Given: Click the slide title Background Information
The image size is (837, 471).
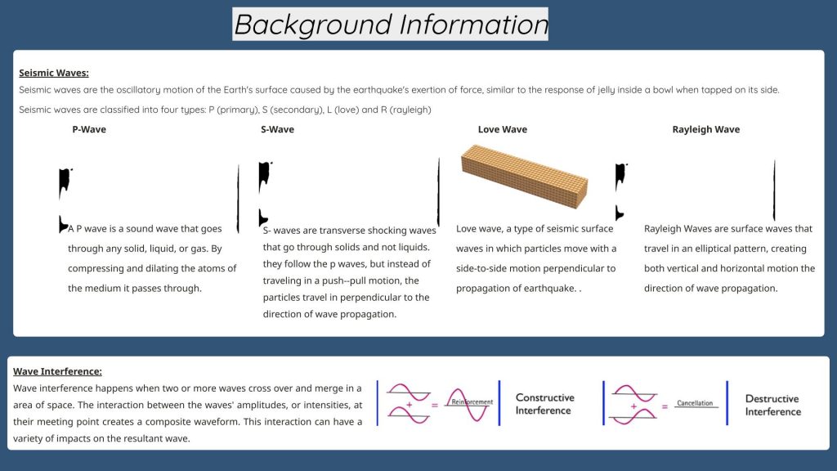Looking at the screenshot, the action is (x=390, y=25).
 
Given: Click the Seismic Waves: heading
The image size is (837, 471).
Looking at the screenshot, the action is (x=54, y=73).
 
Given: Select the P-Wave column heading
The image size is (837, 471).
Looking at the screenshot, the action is (x=89, y=129).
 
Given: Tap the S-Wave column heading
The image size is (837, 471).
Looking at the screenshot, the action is (x=278, y=129).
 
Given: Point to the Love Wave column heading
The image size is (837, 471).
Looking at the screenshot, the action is (x=503, y=129).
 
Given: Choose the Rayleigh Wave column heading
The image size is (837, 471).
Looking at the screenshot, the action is (x=705, y=129).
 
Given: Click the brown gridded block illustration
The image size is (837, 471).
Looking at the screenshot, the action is (x=524, y=177).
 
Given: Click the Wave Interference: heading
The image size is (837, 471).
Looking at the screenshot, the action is (x=58, y=371).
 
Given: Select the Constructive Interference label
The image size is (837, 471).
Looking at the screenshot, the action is (x=544, y=404).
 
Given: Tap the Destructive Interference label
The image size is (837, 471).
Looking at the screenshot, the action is (x=773, y=406).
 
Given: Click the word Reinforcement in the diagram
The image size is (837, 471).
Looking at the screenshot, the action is (x=472, y=401).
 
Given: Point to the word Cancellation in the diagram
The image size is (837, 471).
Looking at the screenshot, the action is (x=695, y=403).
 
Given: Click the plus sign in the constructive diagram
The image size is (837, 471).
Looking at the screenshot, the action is (x=410, y=405).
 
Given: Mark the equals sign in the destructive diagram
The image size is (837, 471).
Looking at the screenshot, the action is (x=665, y=406).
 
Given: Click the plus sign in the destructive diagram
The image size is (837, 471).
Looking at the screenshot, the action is (x=633, y=406).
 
